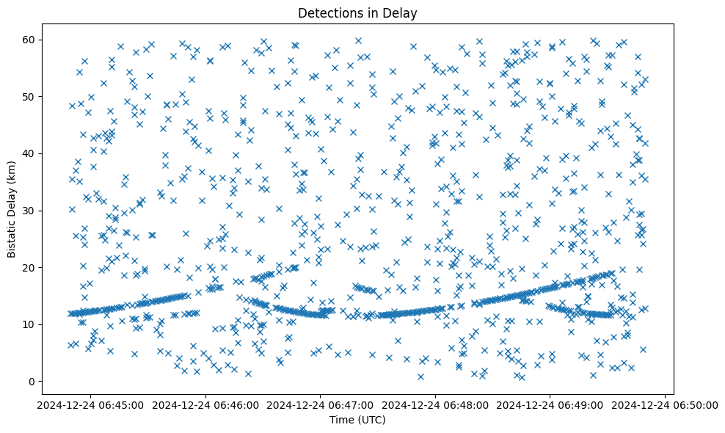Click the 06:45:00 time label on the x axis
91,404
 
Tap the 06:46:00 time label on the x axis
205,404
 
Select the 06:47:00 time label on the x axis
321,404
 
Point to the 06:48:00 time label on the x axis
435,404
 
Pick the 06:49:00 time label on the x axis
550,404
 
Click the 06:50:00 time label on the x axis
665,404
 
